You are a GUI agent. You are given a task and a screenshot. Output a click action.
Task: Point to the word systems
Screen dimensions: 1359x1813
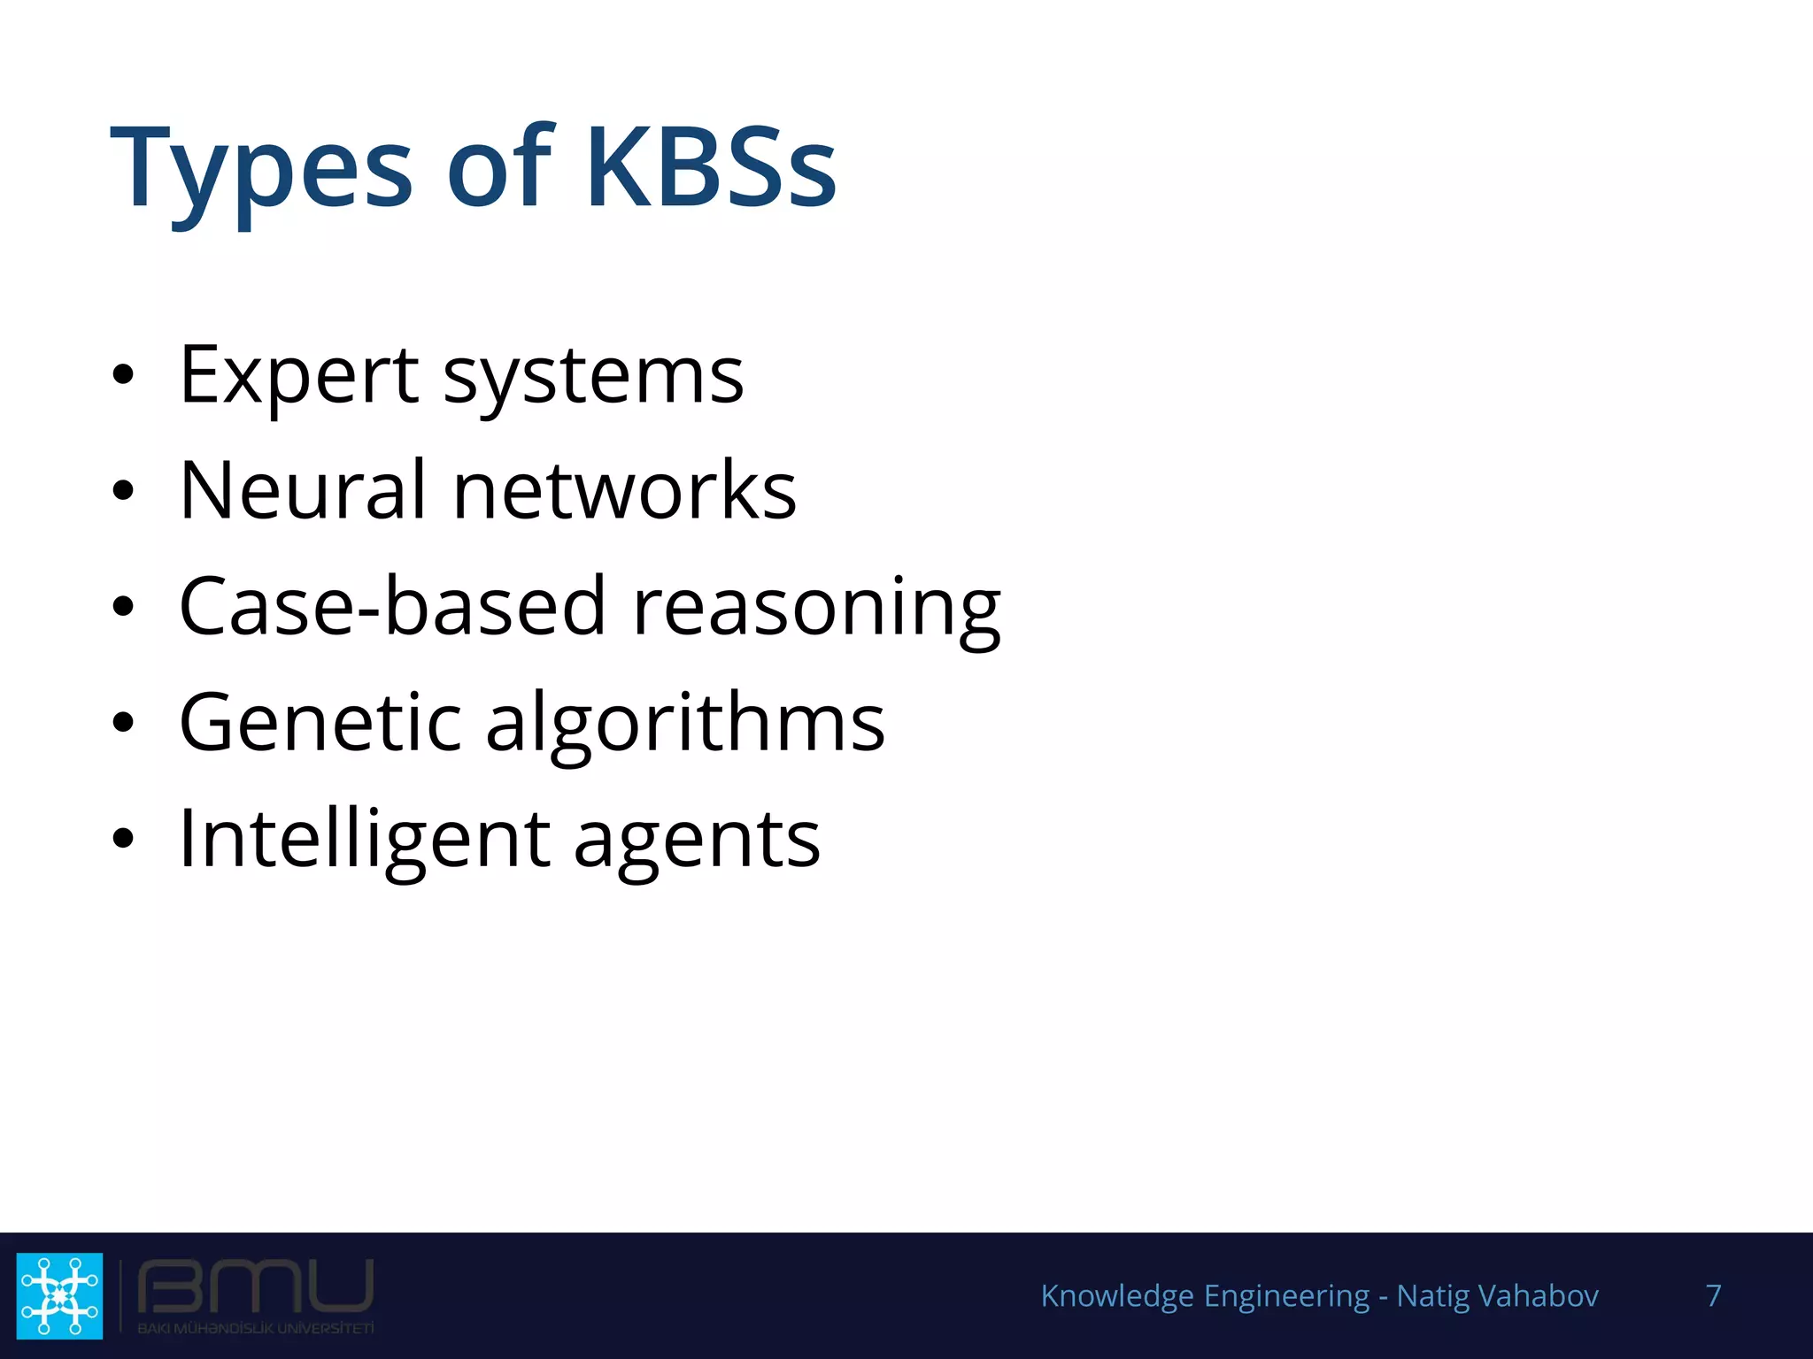[593, 379]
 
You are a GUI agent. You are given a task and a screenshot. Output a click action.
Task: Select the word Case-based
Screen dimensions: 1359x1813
[392, 606]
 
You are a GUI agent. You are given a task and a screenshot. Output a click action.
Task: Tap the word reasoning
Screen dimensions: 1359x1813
[816, 610]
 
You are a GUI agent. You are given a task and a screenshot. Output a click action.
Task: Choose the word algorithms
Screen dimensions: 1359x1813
[685, 726]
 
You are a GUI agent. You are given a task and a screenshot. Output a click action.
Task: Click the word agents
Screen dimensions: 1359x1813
[697, 842]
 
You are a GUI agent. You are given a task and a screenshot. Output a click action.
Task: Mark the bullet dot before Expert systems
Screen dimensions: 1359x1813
[123, 374]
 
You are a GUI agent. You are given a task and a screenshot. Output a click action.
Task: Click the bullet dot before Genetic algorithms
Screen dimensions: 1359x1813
[123, 722]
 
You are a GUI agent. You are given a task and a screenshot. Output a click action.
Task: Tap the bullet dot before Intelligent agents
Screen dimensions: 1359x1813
[123, 838]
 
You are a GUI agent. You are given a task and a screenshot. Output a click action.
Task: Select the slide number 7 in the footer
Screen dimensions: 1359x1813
[1713, 1295]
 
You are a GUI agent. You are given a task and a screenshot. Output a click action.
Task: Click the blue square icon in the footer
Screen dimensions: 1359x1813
[59, 1295]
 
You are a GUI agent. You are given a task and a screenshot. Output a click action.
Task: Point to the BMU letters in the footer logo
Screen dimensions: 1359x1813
[255, 1288]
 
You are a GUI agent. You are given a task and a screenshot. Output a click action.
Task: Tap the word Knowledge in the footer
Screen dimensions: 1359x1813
[1117, 1296]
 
